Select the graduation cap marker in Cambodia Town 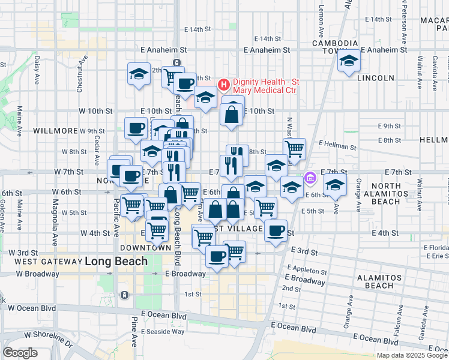pos(348,61)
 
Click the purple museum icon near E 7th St pos(310,177)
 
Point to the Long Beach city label pos(116,262)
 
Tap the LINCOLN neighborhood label pos(376,78)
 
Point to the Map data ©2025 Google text pos(412,355)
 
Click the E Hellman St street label pos(337,145)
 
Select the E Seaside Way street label pos(162,331)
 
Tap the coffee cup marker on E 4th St pos(276,230)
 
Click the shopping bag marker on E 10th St pos(232,113)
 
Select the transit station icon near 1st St pos(124,295)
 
